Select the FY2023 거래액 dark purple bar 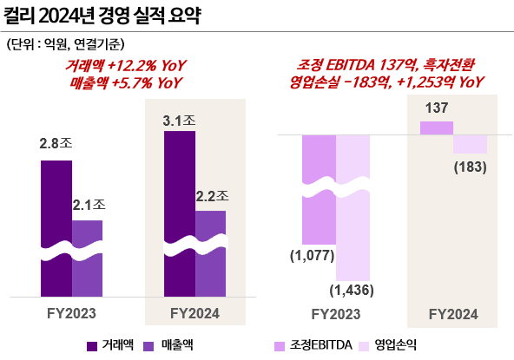point(56,226)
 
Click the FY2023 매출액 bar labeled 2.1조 point(87,256)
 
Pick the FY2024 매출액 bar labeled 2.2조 point(210,252)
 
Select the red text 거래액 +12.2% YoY point(126,66)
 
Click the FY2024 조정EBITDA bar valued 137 point(436,128)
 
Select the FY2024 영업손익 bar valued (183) point(470,144)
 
